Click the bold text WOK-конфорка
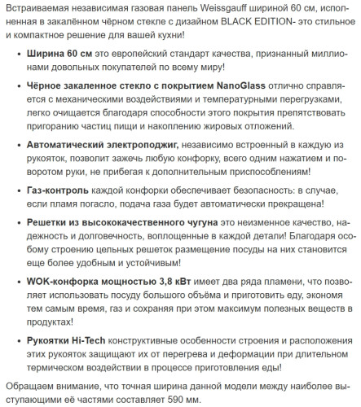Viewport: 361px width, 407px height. pos(66,281)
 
